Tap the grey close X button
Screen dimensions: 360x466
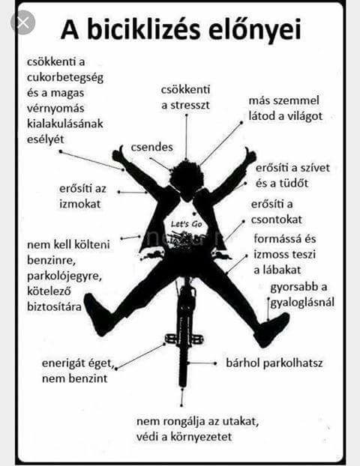coord(23,22)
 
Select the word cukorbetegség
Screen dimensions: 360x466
coord(65,78)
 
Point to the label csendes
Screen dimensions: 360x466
coord(152,147)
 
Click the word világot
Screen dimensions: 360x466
coord(304,116)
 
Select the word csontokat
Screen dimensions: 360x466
coord(277,220)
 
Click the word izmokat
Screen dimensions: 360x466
coord(80,204)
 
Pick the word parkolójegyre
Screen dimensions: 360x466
coord(64,276)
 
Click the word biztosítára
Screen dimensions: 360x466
coord(54,306)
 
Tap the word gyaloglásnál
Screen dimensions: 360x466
coord(302,303)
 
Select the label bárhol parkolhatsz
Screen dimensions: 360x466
coord(274,363)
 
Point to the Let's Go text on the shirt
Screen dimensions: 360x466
coord(187,224)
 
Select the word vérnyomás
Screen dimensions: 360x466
coord(55,109)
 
